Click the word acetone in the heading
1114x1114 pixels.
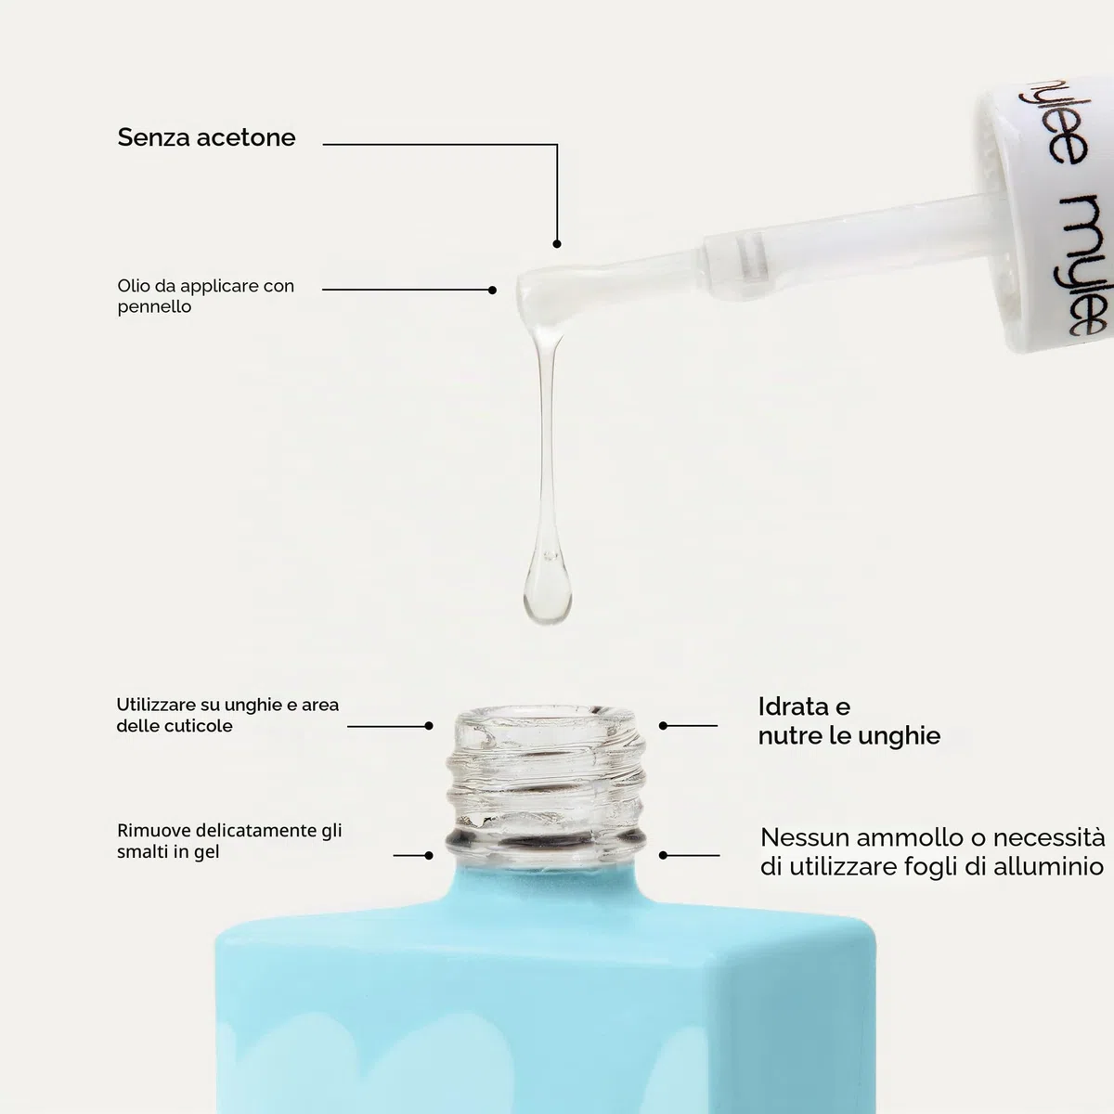pyautogui.click(x=246, y=137)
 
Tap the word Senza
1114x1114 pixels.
pyautogui.click(x=154, y=137)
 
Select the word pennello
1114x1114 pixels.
pyautogui.click(x=154, y=307)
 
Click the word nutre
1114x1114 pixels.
pyautogui.click(x=785, y=736)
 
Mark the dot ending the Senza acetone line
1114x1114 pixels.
pyautogui.click(x=557, y=244)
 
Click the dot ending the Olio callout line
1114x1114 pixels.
pyautogui.click(x=492, y=291)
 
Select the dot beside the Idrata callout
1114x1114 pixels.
pyautogui.click(x=663, y=726)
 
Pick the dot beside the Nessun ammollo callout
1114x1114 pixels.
pyautogui.click(x=663, y=855)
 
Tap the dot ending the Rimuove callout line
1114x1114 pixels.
pyautogui.click(x=428, y=856)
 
